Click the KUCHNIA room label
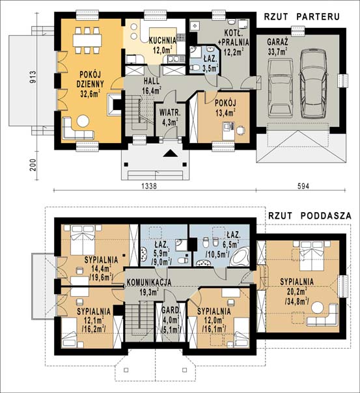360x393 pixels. [163, 40]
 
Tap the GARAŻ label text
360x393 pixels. [277, 42]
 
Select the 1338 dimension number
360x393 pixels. [149, 186]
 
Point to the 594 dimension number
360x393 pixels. [303, 186]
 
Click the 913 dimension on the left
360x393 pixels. [33, 77]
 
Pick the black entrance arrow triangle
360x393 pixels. [171, 154]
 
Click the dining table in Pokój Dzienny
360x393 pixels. [87, 40]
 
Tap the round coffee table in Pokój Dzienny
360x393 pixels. [83, 121]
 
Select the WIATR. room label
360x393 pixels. [170, 112]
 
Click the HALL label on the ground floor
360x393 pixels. [152, 81]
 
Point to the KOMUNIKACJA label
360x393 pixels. [149, 282]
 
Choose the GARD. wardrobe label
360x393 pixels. [171, 310]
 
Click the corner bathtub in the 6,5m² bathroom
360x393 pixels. [240, 256]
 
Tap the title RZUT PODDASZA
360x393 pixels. [310, 216]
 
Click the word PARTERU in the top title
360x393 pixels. [318, 16]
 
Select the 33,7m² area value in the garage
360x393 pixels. [277, 51]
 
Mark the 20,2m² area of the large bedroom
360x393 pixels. [297, 291]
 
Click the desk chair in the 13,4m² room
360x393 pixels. [241, 130]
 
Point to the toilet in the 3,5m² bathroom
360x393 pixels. [194, 67]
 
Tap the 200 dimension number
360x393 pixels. [33, 165]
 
